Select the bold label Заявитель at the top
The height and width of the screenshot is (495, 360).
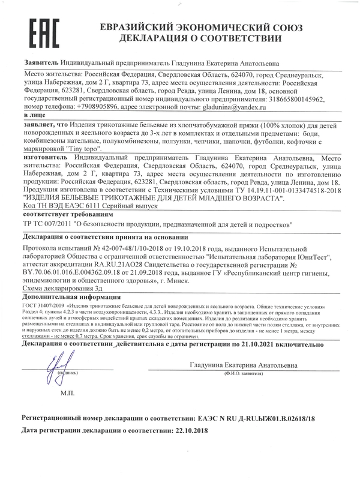[41, 62]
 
